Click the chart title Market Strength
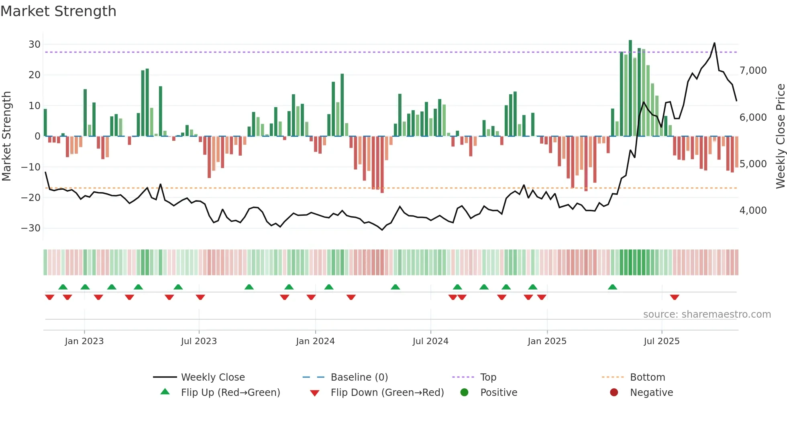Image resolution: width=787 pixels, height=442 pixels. tap(58, 11)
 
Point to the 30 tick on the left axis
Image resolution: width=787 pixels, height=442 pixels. tap(35, 45)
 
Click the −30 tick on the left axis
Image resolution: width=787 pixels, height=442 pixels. tap(31, 228)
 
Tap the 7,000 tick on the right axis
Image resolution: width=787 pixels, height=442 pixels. tap(753, 71)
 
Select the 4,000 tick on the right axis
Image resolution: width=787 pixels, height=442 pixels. tap(753, 211)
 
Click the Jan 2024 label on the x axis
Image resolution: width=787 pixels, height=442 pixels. tap(315, 341)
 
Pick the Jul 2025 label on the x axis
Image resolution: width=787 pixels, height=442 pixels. tap(661, 341)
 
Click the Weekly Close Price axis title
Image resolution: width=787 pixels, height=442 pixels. tap(780, 136)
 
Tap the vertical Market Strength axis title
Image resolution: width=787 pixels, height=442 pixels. tap(6, 136)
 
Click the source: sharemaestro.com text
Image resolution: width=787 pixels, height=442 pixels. tap(707, 314)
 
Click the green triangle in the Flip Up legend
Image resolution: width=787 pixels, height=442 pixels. tap(165, 392)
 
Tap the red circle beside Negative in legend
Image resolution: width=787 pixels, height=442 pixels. tap(614, 392)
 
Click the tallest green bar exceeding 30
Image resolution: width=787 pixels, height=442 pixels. tap(630, 88)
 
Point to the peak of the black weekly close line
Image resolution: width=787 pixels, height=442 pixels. tap(714, 43)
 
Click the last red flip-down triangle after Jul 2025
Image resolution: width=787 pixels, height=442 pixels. tap(675, 297)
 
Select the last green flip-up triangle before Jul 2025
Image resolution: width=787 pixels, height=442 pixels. tap(612, 287)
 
